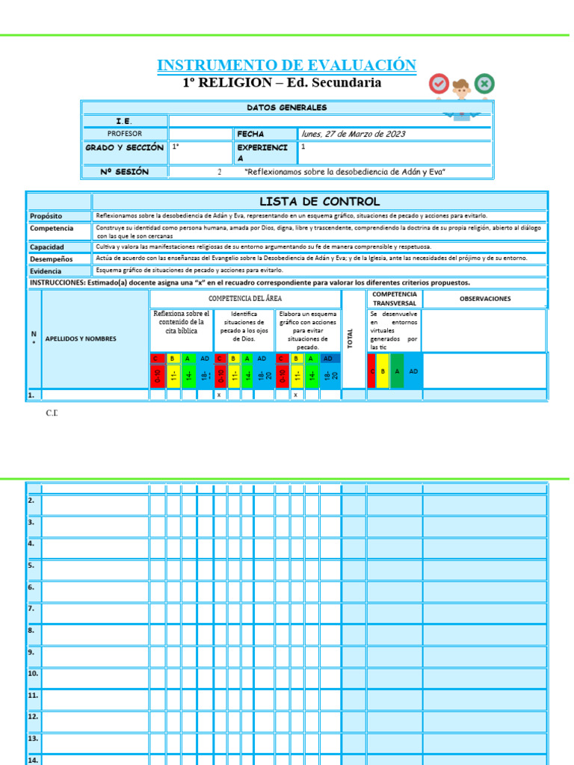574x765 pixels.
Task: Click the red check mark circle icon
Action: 439,84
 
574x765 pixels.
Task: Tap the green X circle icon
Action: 484,84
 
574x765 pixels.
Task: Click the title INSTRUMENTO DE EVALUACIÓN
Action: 286,65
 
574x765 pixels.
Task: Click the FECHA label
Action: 250,134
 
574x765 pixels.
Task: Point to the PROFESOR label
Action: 124,134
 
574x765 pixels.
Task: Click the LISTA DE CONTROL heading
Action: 319,202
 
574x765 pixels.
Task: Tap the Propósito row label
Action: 46,216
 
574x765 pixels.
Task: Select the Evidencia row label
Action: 46,271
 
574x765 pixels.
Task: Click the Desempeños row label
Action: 51,258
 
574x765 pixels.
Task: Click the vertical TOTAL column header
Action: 350,338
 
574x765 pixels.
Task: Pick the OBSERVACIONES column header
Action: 485,299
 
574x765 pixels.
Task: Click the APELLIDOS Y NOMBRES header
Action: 81,338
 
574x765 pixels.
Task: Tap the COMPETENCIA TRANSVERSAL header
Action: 395,299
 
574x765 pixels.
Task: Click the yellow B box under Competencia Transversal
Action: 383,371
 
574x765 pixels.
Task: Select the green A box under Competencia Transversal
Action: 397,371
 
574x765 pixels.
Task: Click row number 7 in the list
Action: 31,608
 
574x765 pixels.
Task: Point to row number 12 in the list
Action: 33,716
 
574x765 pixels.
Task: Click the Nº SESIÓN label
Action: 124,172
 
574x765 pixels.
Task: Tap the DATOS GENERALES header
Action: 286,108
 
